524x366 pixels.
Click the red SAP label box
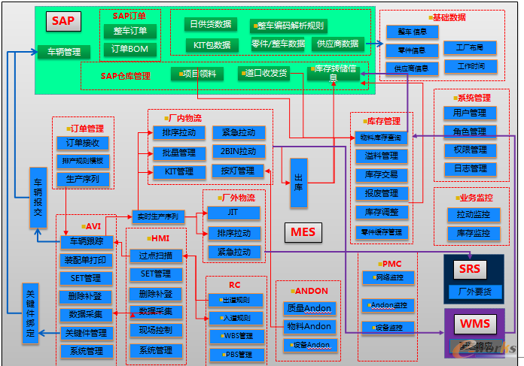63,21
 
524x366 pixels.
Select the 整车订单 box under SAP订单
130,31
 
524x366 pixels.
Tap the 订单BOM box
130,49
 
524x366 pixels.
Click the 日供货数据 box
210,24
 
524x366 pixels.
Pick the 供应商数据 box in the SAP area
338,44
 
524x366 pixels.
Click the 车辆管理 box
64,52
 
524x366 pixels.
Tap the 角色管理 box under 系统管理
471,132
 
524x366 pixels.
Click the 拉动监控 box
474,215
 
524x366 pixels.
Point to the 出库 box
299,183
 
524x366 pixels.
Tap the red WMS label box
474,325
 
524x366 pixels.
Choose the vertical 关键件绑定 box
30,313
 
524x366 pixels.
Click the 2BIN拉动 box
238,152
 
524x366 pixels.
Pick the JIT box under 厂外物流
233,213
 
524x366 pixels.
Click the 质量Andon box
309,308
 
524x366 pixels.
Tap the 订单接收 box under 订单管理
83,143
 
